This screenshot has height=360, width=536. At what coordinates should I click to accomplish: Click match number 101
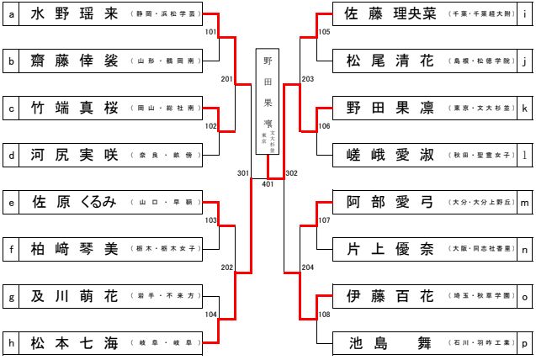[x=210, y=32]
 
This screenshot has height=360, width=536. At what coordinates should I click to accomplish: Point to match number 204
[x=307, y=267]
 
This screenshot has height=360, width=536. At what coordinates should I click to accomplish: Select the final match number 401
[x=268, y=184]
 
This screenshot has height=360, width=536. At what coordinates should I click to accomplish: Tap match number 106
[x=324, y=126]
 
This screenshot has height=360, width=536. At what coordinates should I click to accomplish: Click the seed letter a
[x=11, y=14]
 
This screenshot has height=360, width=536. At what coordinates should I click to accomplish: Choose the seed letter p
[x=524, y=343]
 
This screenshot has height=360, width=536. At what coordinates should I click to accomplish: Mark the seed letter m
[x=524, y=203]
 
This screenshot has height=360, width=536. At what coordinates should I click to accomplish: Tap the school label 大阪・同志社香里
[x=480, y=250]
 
